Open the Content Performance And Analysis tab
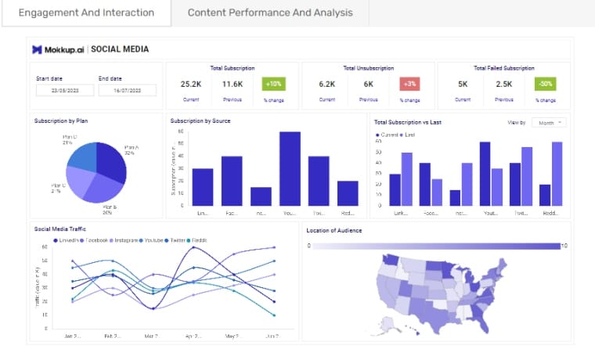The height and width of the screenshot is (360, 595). [270, 13]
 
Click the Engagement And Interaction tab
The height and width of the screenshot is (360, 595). [86, 13]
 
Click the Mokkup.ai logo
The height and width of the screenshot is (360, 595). [59, 49]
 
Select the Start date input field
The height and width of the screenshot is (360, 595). [64, 90]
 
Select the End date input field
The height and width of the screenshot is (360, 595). [127, 90]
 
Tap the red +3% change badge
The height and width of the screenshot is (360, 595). [409, 84]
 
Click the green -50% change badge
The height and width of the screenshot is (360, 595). [545, 84]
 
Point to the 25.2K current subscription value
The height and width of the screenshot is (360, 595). [191, 84]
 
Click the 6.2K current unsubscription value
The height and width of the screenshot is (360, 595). [326, 84]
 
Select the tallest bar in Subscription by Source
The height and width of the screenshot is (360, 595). [290, 168]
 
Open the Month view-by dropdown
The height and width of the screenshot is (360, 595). [549, 123]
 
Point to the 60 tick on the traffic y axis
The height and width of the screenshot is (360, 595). [45, 247]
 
